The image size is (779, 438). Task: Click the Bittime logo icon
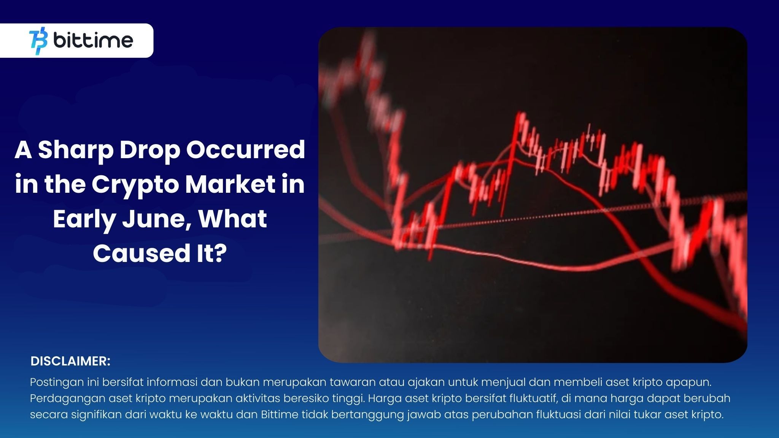point(38,41)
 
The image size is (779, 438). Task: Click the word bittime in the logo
point(93,41)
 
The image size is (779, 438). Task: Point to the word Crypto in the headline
point(137,185)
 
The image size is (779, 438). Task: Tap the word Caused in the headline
point(138,253)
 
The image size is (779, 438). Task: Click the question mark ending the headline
point(219,253)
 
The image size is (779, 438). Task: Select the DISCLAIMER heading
point(70,361)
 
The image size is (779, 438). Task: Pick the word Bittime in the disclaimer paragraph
point(280,414)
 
